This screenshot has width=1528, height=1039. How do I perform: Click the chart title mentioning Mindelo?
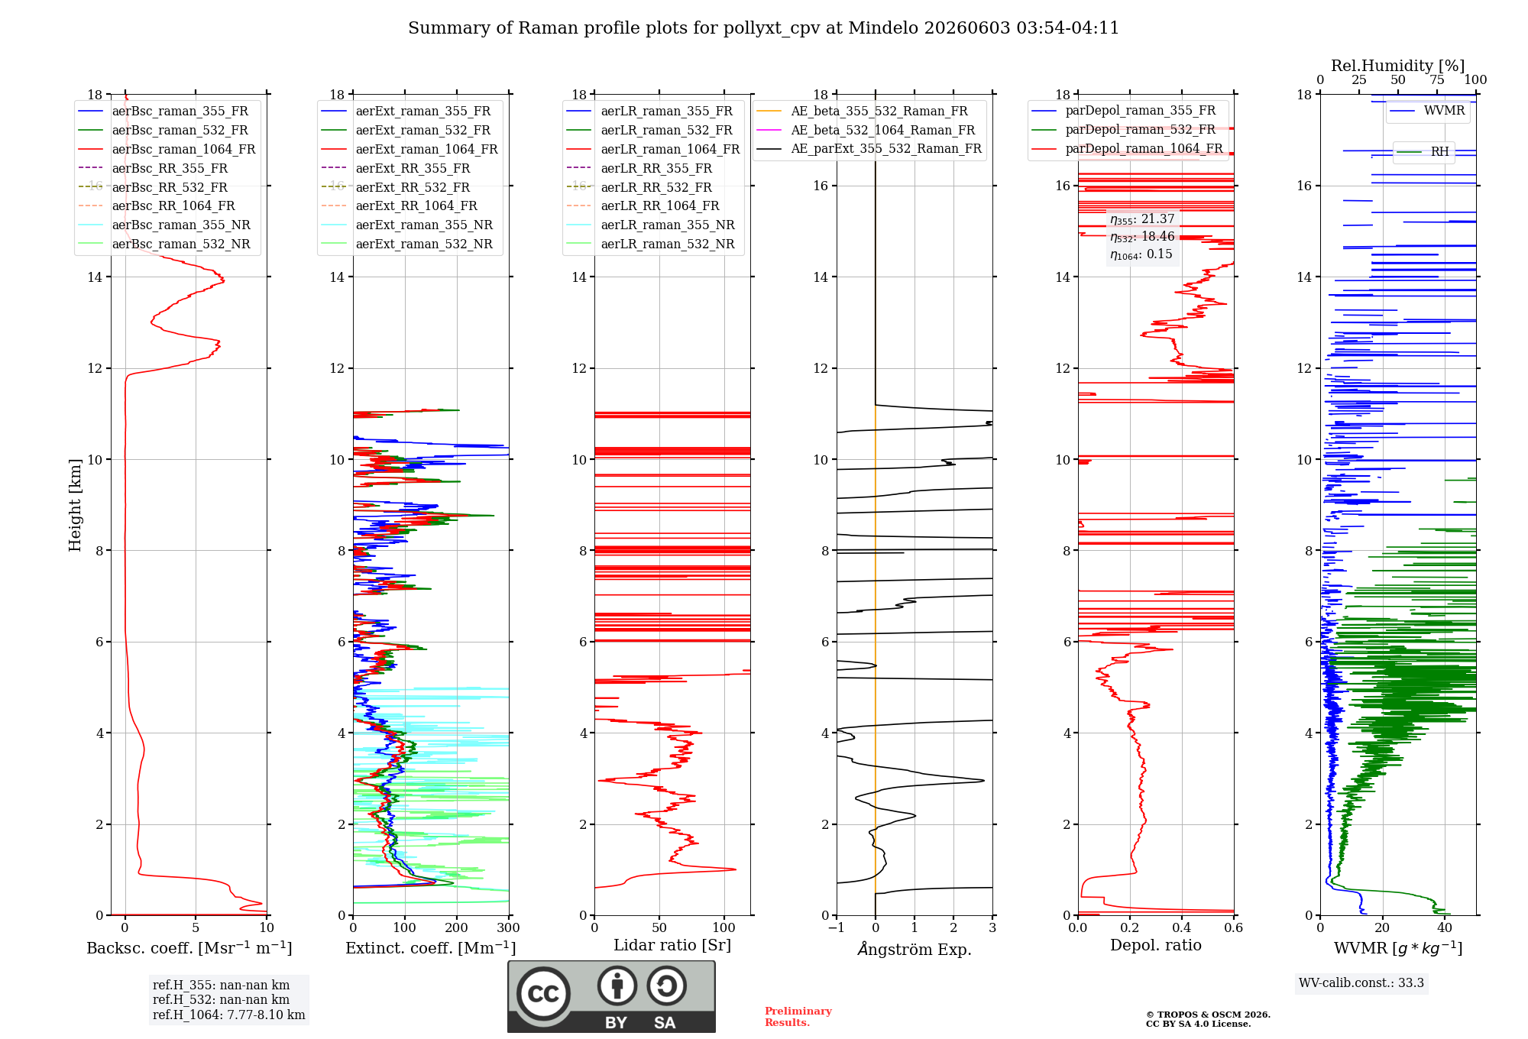pyautogui.click(x=763, y=28)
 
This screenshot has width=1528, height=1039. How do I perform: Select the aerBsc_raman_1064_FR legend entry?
pyautogui.click(x=167, y=149)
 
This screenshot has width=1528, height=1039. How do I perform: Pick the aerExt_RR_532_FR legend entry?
pyautogui.click(x=396, y=187)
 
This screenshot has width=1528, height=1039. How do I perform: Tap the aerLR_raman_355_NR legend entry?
pyautogui.click(x=650, y=225)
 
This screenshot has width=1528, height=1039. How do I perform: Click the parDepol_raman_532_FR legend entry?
pyautogui.click(x=1123, y=129)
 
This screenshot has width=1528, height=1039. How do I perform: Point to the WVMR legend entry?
pyautogui.click(x=1427, y=111)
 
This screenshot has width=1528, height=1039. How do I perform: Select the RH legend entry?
pyautogui.click(x=1423, y=151)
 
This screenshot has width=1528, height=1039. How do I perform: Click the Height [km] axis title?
pyautogui.click(x=75, y=505)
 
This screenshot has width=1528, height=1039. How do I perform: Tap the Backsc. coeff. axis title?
pyautogui.click(x=189, y=947)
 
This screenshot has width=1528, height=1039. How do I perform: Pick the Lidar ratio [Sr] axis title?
pyautogui.click(x=672, y=945)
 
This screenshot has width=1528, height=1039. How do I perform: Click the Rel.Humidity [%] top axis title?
pyautogui.click(x=1398, y=66)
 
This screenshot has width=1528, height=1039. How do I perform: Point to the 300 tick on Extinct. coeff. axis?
pyautogui.click(x=508, y=927)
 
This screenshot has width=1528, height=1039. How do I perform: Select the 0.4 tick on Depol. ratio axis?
pyautogui.click(x=1182, y=927)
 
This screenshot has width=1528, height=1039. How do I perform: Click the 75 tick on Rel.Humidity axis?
pyautogui.click(x=1437, y=79)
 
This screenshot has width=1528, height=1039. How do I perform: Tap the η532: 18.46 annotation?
pyautogui.click(x=1142, y=237)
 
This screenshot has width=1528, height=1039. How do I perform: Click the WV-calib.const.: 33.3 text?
pyautogui.click(x=1361, y=982)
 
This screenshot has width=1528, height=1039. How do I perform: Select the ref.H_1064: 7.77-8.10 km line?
pyautogui.click(x=228, y=1015)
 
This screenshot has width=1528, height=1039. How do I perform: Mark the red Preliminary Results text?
pyautogui.click(x=798, y=1017)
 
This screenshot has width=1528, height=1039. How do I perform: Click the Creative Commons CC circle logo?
pyautogui.click(x=543, y=994)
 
